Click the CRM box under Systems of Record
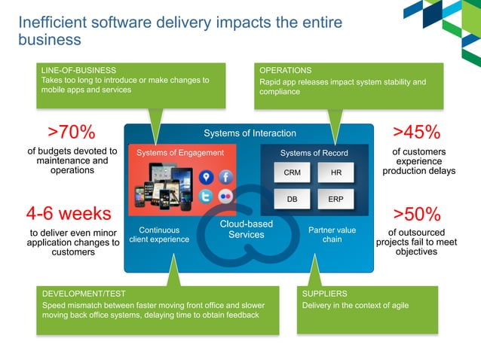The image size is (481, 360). tap(291, 173)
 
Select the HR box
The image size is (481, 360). tap(335, 173)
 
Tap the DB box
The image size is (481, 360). tap(291, 200)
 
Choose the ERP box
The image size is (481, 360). tap(335, 200)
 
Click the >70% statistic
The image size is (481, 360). tap(72, 133)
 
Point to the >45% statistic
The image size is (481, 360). tap(417, 133)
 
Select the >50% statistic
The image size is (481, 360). tap(417, 214)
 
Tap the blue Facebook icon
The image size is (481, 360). tap(226, 177)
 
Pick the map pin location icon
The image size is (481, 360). tap(206, 177)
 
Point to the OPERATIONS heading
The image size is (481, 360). tap(286, 69)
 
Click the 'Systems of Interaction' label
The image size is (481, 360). tap(250, 133)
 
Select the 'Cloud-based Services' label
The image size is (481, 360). tap(246, 230)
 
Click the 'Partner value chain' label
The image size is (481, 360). tap(332, 234)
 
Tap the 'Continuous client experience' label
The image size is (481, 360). tap(158, 234)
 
